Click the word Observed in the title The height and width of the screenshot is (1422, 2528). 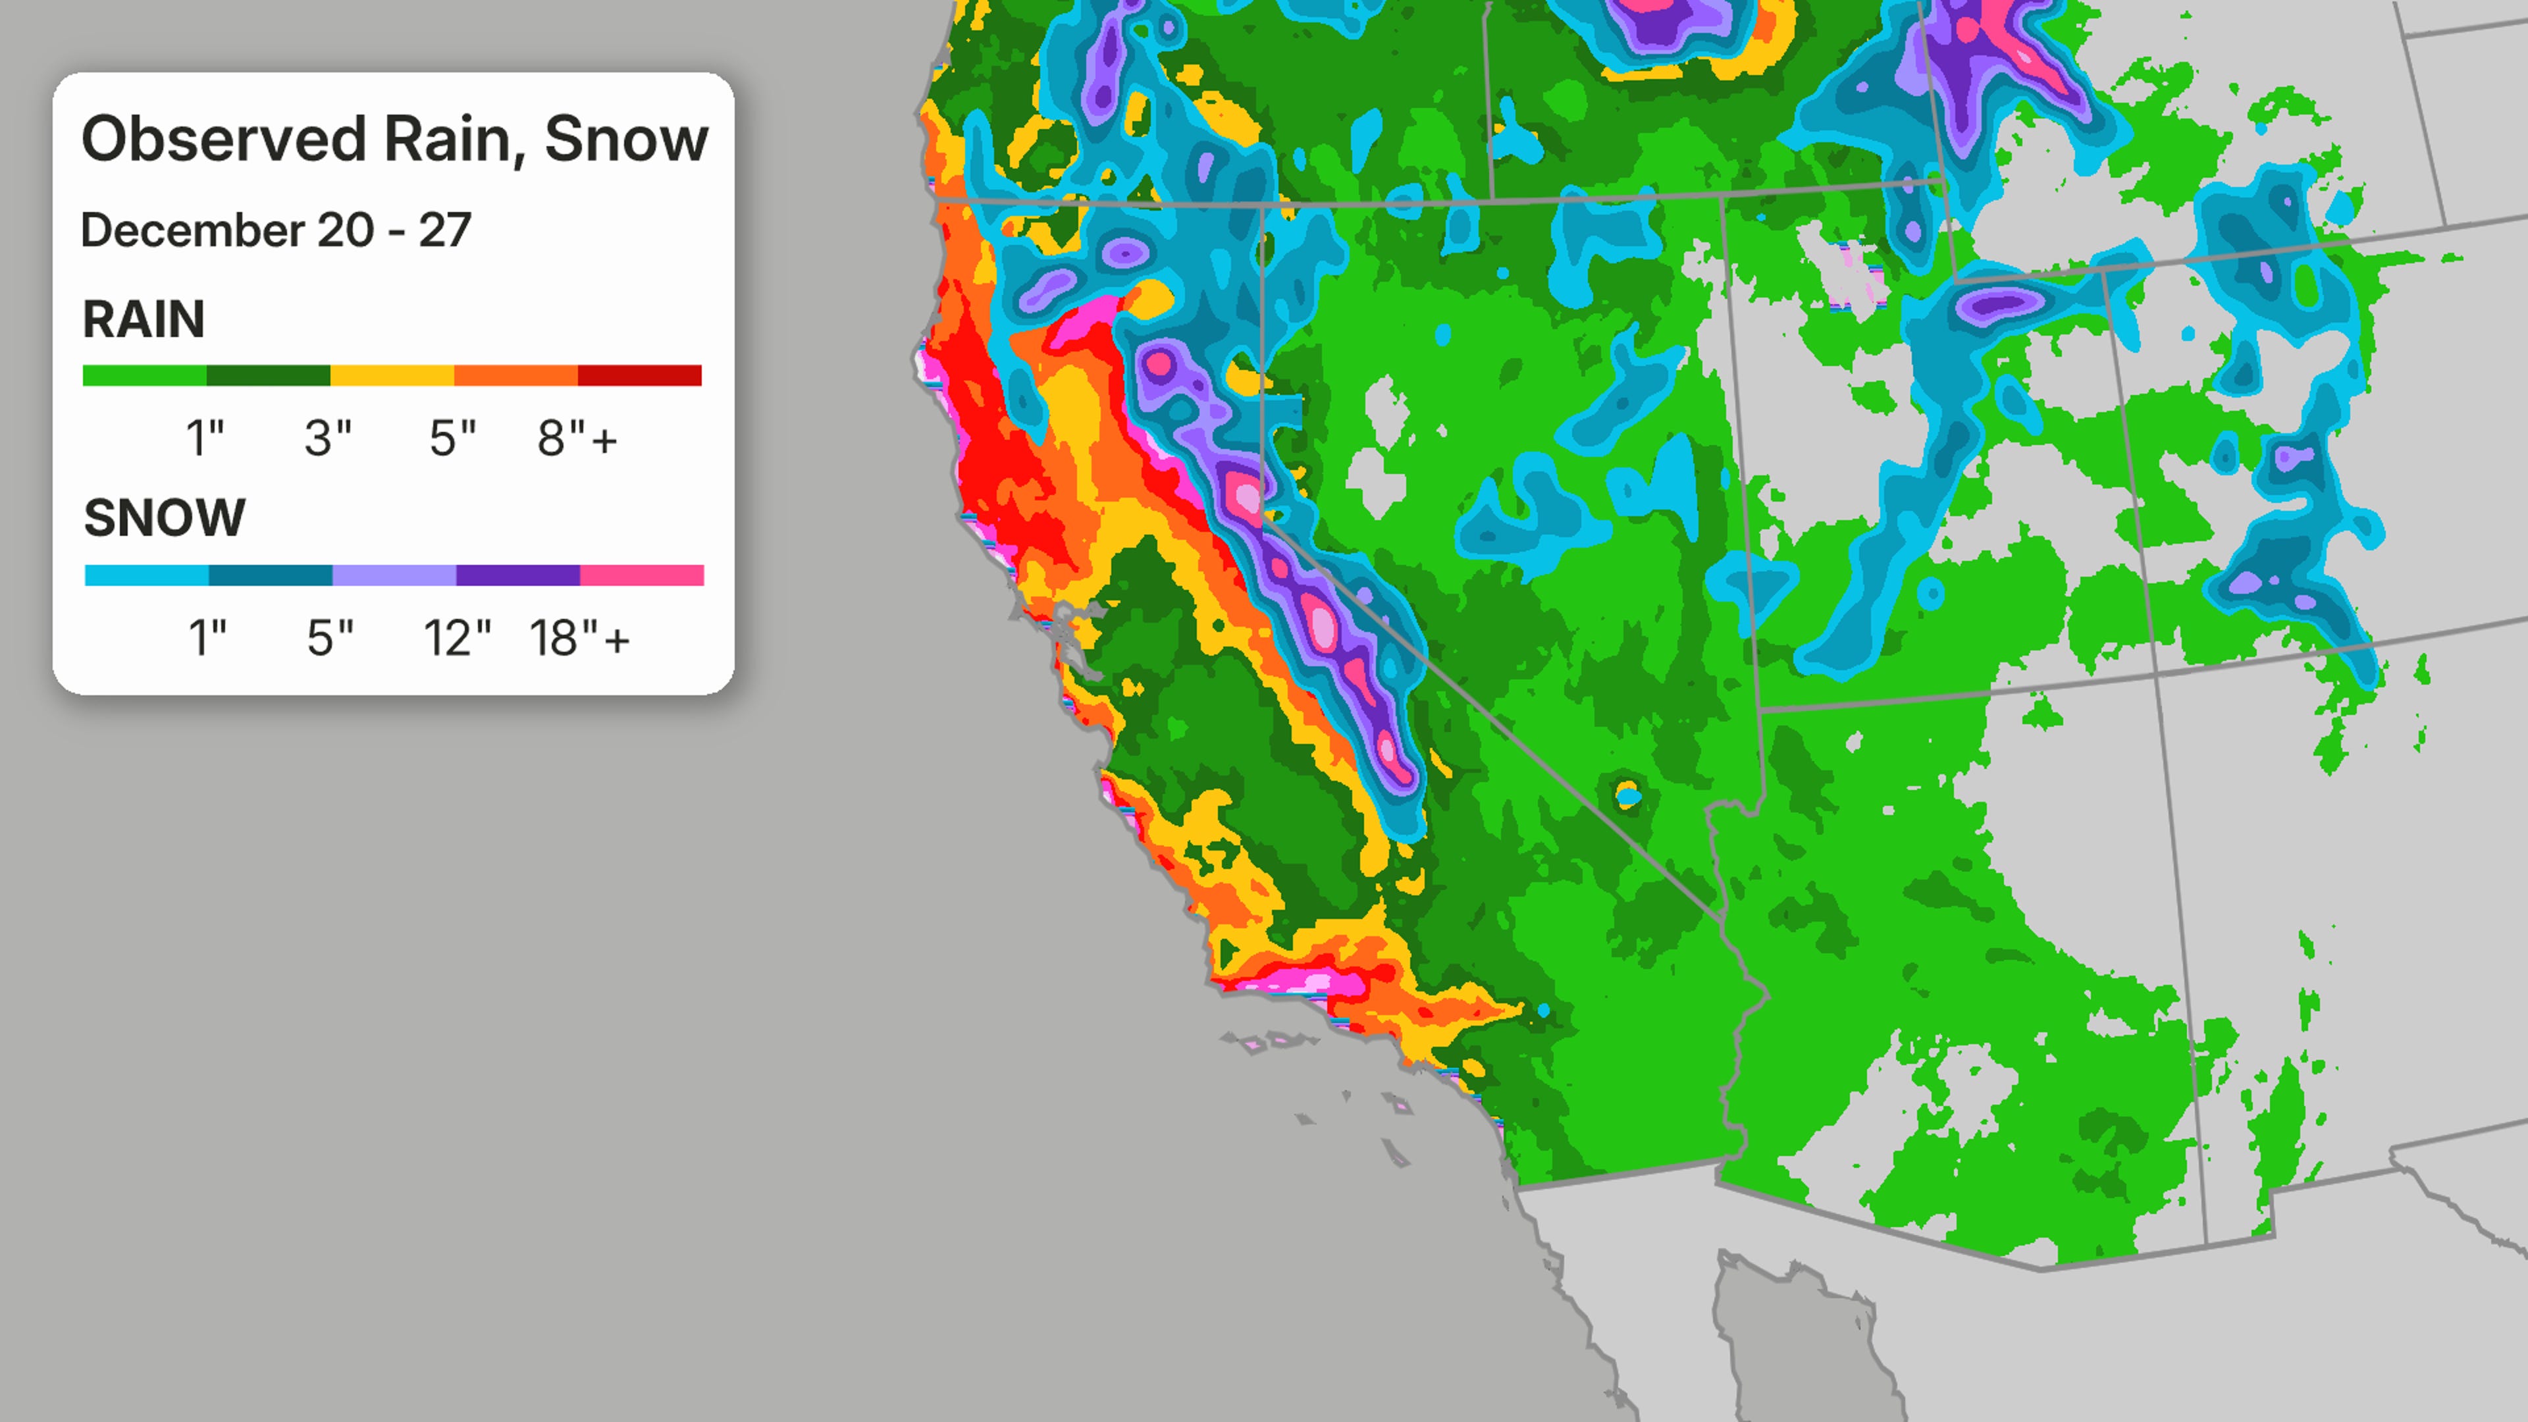point(224,140)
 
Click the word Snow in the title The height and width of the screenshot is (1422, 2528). point(625,140)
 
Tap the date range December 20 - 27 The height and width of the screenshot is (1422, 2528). point(276,230)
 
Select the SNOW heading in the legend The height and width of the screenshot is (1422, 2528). point(164,517)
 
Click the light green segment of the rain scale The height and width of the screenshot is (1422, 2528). point(144,375)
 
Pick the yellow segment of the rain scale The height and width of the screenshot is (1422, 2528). point(392,375)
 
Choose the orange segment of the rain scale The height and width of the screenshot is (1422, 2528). point(515,375)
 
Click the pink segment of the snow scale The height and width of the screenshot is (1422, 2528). point(642,575)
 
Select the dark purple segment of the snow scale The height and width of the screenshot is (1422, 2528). point(517,575)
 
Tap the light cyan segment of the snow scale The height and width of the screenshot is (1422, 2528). point(146,575)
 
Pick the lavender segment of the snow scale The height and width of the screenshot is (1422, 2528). point(394,575)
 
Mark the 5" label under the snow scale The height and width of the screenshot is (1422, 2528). point(330,639)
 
